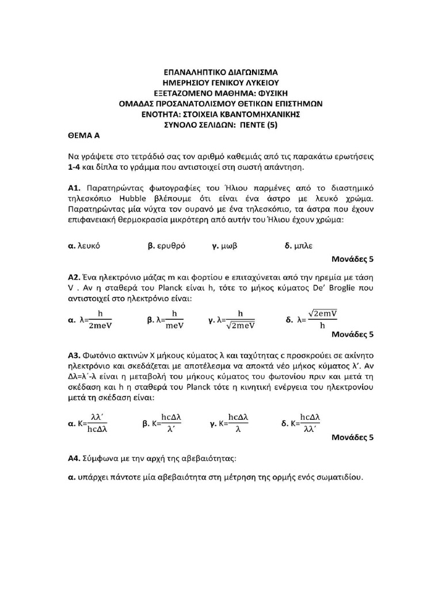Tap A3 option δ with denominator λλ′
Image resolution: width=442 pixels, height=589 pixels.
(x=301, y=424)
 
